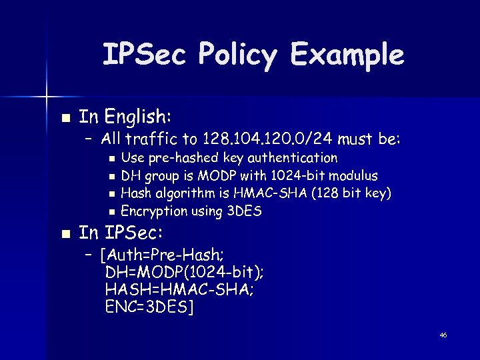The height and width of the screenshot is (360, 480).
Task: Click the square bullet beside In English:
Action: pyautogui.click(x=65, y=117)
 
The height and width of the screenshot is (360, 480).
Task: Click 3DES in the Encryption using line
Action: pyautogui.click(x=244, y=211)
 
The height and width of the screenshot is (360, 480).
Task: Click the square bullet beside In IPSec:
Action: pyautogui.click(x=65, y=234)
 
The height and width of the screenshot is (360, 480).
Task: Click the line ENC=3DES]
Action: pyautogui.click(x=149, y=307)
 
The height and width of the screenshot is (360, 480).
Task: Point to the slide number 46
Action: pyautogui.click(x=443, y=335)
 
